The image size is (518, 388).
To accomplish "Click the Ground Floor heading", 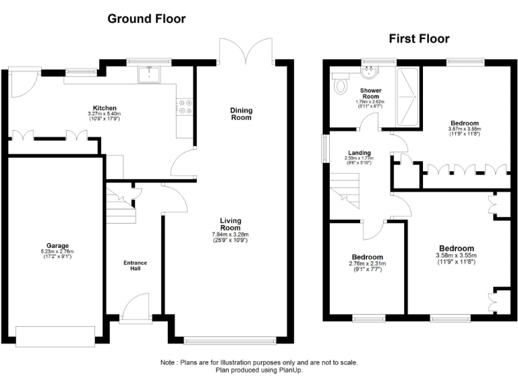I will tap(146, 19).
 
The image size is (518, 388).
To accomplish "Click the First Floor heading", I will tap(419, 38).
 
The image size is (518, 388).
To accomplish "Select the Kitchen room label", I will tap(105, 108).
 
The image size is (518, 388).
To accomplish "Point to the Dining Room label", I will tap(241, 114).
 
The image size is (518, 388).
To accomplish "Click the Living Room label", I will tap(231, 224).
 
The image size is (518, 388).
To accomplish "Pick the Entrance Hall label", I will tap(134, 265).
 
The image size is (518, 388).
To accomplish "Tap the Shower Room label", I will tap(370, 94).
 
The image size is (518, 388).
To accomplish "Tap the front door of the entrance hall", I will tap(136, 306).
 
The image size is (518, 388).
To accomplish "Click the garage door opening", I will tap(56, 336).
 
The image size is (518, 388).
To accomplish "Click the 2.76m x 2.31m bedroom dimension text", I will tap(368, 265).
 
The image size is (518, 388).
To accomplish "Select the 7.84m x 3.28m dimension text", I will tap(231, 234).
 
